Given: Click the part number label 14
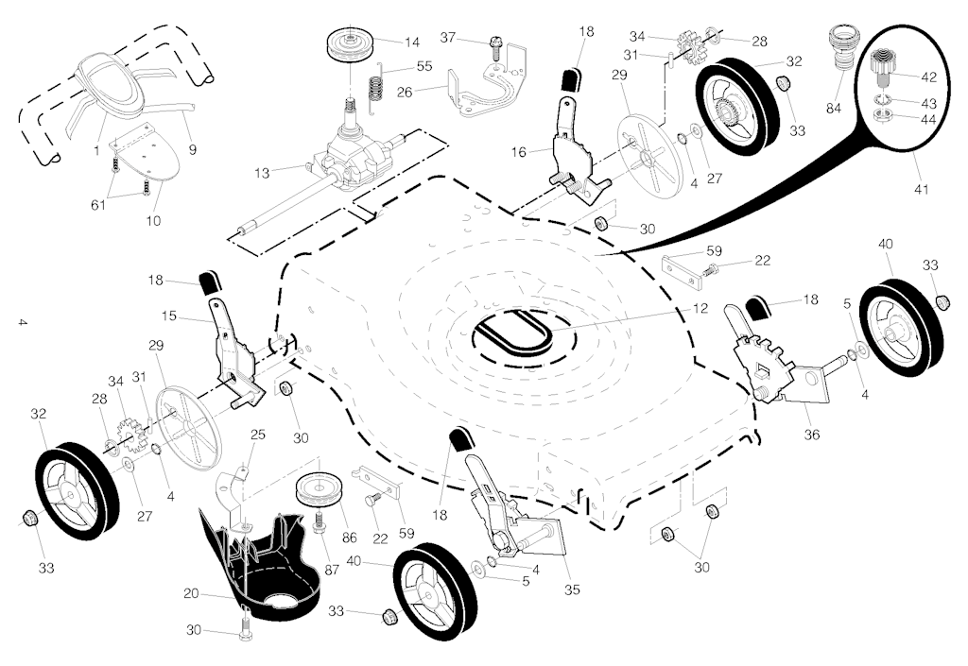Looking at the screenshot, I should click(412, 43).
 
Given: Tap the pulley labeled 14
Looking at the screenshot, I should click(351, 43).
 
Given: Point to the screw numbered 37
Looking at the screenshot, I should click(493, 44).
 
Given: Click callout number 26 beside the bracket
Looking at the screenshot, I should click(405, 92).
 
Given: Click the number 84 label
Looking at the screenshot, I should click(833, 109).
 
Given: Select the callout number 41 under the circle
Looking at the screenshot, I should click(921, 189).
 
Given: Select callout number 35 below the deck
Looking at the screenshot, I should click(571, 589).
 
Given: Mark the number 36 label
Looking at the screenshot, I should click(811, 435).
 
